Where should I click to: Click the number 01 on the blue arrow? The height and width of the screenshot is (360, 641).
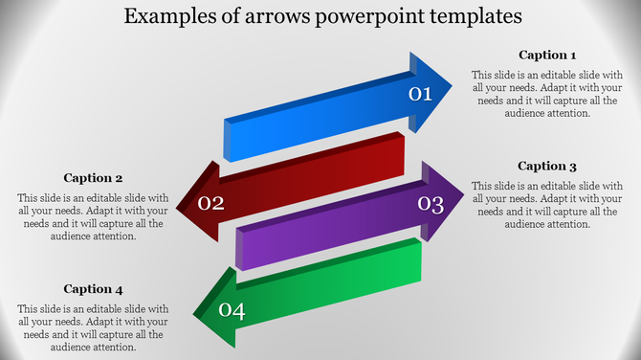(x=421, y=93)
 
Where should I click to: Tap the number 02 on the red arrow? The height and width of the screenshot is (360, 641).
(x=210, y=203)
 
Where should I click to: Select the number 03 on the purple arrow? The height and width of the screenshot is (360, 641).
(x=431, y=204)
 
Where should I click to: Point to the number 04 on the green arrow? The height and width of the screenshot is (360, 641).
(x=232, y=309)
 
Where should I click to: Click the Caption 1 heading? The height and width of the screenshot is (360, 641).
(x=547, y=56)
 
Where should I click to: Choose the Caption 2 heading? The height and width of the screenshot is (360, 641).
(x=93, y=178)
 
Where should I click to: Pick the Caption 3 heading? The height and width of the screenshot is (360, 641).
(x=547, y=167)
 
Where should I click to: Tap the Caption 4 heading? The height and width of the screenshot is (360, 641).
(x=93, y=289)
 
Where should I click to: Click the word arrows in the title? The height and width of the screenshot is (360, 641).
(x=276, y=16)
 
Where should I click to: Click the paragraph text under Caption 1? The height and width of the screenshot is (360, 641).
(x=547, y=94)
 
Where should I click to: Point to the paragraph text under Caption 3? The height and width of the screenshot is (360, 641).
(x=547, y=205)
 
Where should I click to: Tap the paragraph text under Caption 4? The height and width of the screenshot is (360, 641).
(x=93, y=327)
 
